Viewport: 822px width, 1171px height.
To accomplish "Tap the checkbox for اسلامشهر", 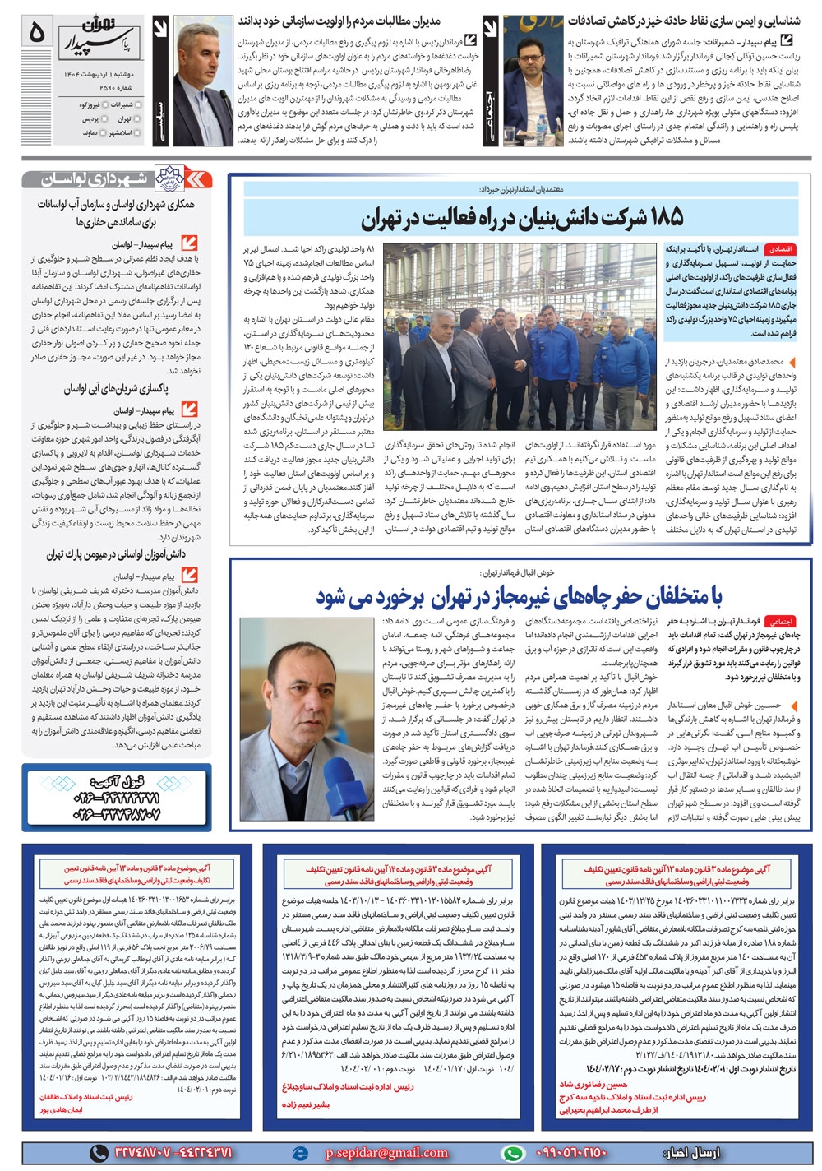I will (x=138, y=132).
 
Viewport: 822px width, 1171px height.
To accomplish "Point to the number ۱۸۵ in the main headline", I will (x=654, y=219).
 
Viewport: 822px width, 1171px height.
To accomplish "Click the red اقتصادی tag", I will (x=778, y=248).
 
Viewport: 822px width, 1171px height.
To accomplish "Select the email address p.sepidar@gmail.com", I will (x=386, y=1153).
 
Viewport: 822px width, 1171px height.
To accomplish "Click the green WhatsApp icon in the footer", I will (x=514, y=1153).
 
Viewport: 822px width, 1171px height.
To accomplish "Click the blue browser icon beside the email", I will (x=300, y=1153).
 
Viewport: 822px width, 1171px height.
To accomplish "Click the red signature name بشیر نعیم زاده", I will (x=306, y=1104).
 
